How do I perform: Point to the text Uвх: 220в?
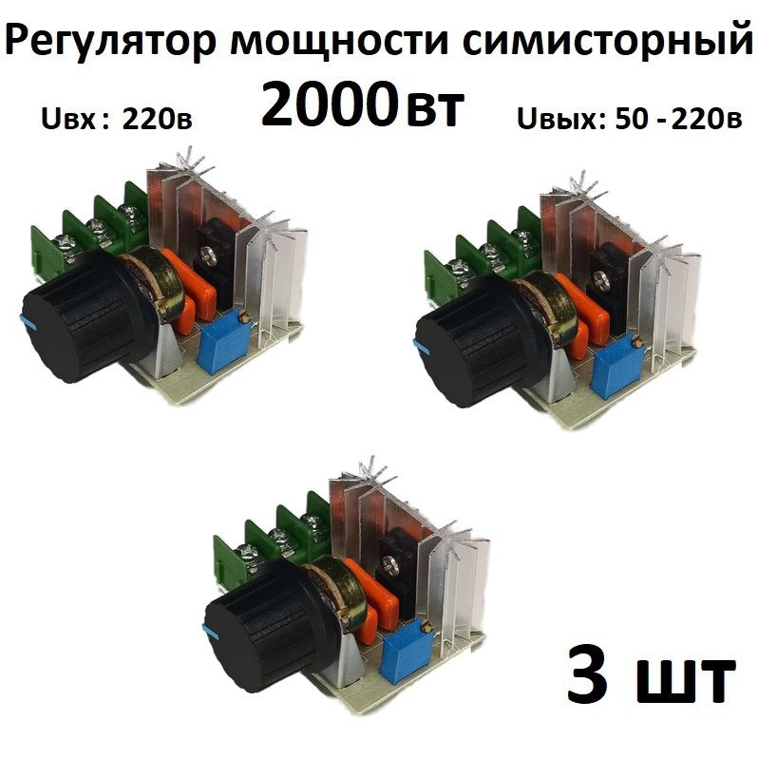click(117, 120)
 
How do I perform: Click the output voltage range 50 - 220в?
click(678, 119)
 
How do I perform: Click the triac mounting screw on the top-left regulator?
click(208, 256)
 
